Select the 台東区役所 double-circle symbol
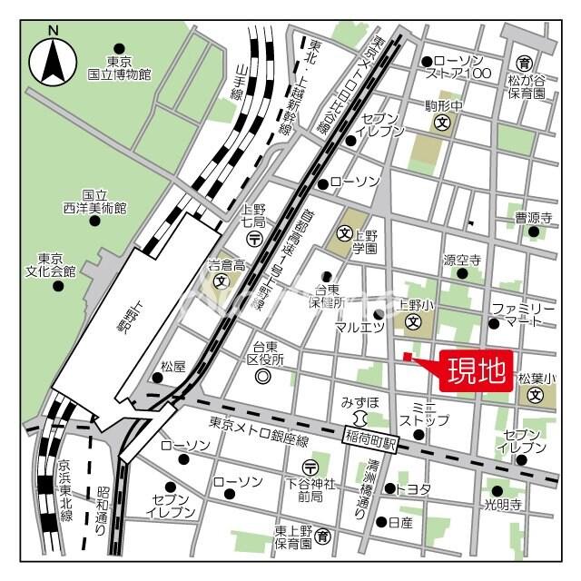[263, 376]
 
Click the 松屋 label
[172, 367]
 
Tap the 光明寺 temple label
[502, 505]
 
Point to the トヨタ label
[413, 488]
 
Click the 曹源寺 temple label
[534, 218]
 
